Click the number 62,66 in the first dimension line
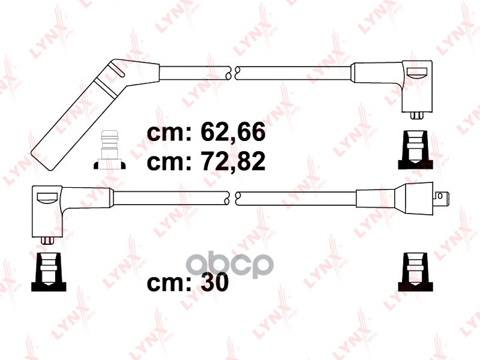(x=233, y=132)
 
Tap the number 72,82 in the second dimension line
(x=233, y=161)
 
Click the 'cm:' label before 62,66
(x=169, y=134)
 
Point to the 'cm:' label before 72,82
(x=169, y=163)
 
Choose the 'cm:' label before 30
(x=169, y=284)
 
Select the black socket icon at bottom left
(x=49, y=272)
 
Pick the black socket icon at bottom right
(x=415, y=272)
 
